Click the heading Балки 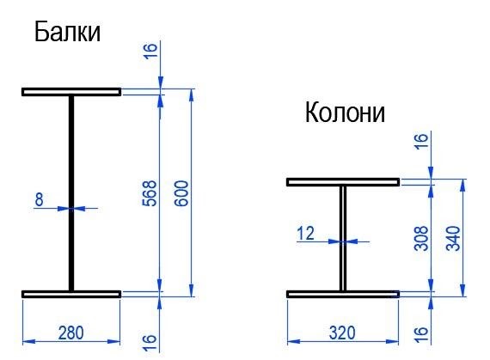click(x=67, y=32)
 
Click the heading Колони click(x=345, y=112)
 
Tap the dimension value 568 click(x=150, y=193)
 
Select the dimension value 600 click(x=181, y=193)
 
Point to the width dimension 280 click(x=71, y=333)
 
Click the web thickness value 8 click(x=39, y=199)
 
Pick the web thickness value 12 click(x=306, y=233)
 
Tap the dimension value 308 click(x=421, y=238)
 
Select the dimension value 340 click(x=453, y=238)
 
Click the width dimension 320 click(x=342, y=333)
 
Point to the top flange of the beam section click(x=71, y=92)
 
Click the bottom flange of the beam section click(x=71, y=294)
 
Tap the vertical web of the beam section click(x=71, y=193)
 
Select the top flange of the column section click(x=343, y=182)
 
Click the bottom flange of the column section click(x=343, y=294)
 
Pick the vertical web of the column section click(x=343, y=238)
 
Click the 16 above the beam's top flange click(x=150, y=51)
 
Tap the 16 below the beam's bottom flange click(x=150, y=343)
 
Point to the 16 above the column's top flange click(x=421, y=141)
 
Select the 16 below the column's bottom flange click(x=421, y=334)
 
